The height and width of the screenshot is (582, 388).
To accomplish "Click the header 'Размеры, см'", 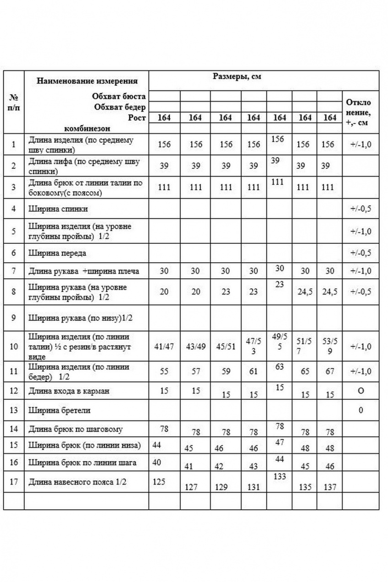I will (x=237, y=77).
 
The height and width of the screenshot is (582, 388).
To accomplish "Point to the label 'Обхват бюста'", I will (x=119, y=96).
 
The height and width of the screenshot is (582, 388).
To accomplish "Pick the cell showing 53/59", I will (x=329, y=346).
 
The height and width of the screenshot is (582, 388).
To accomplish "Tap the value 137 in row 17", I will (x=329, y=487).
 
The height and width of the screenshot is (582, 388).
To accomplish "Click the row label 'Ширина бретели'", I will (x=59, y=410).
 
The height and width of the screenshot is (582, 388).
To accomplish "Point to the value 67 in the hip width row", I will (x=329, y=372).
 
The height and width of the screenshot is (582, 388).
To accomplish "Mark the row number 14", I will (x=14, y=429).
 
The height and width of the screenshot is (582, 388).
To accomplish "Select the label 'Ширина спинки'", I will (x=58, y=209).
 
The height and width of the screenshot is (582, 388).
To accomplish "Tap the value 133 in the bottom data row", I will (x=279, y=477).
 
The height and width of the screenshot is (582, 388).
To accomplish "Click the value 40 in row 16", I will (x=156, y=462).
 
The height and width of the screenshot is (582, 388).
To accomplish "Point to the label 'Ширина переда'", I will (x=57, y=253).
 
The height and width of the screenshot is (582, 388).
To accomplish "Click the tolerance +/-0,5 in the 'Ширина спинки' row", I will (x=361, y=209).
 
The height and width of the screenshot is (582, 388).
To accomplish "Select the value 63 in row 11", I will (x=279, y=366).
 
